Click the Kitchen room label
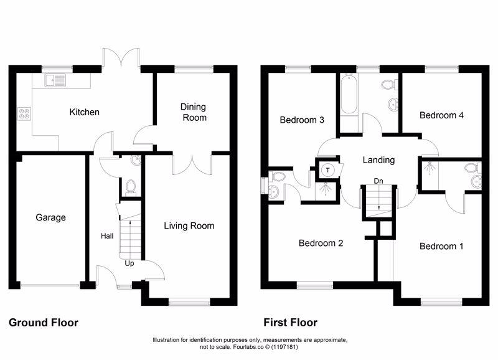(84, 113)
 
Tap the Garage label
(50, 217)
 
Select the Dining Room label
(194, 111)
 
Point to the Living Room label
(189, 225)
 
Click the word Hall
(106, 237)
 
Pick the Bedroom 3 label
(302, 120)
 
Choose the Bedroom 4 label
(441, 115)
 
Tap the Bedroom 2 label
(321, 243)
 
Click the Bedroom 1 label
(441, 246)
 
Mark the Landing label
(378, 160)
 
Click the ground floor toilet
(130, 187)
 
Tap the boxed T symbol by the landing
(327, 169)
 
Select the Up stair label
(129, 263)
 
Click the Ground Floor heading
(43, 323)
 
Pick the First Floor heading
(290, 323)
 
